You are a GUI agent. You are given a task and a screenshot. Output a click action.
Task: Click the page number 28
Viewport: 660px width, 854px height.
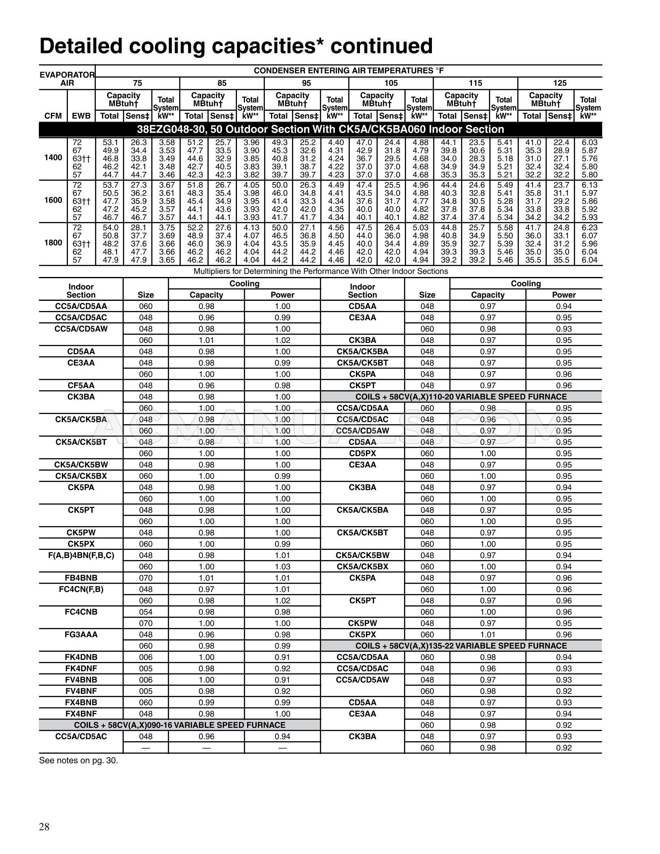(x=44, y=827)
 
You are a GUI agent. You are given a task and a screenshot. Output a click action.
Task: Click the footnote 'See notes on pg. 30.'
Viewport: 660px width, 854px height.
(x=78, y=760)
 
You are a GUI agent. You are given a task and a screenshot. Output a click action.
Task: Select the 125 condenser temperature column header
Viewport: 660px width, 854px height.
(x=560, y=83)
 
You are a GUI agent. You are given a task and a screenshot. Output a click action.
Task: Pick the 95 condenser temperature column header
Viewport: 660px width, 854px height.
(x=306, y=83)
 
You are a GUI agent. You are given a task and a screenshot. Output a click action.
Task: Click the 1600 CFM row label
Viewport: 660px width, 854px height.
(x=53, y=201)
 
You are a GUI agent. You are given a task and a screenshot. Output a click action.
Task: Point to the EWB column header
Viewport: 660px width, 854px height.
(x=81, y=116)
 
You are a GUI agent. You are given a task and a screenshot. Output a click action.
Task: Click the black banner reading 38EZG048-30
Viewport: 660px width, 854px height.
(x=320, y=129)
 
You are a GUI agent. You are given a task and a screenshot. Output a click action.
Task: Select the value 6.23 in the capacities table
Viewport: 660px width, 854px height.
(x=589, y=228)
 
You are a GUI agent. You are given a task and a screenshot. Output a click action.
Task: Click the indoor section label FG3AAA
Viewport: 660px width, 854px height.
(x=81, y=634)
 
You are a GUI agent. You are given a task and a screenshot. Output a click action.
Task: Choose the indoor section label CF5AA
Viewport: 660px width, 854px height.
(x=81, y=385)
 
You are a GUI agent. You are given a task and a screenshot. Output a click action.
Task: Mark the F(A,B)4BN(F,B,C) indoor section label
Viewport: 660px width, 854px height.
(x=81, y=555)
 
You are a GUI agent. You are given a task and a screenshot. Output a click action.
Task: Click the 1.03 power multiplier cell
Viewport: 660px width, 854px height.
(x=282, y=567)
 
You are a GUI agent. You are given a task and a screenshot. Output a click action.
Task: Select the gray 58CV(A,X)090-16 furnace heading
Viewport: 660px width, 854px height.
(x=180, y=725)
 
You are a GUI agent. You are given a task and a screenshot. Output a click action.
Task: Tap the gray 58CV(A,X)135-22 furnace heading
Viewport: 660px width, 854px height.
(x=461, y=646)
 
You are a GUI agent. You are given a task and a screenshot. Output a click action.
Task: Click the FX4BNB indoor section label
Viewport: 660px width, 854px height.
(x=81, y=702)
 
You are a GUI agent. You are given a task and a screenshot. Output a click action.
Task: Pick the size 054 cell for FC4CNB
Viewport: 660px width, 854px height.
(x=146, y=612)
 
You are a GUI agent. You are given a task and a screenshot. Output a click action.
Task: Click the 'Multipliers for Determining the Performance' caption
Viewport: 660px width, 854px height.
(x=320, y=271)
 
